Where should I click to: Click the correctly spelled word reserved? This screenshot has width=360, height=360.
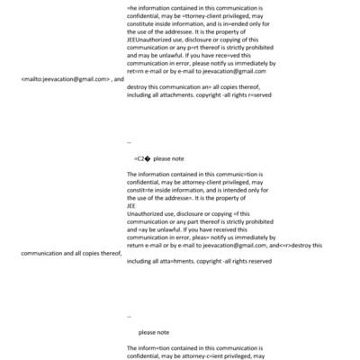click(256, 261)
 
